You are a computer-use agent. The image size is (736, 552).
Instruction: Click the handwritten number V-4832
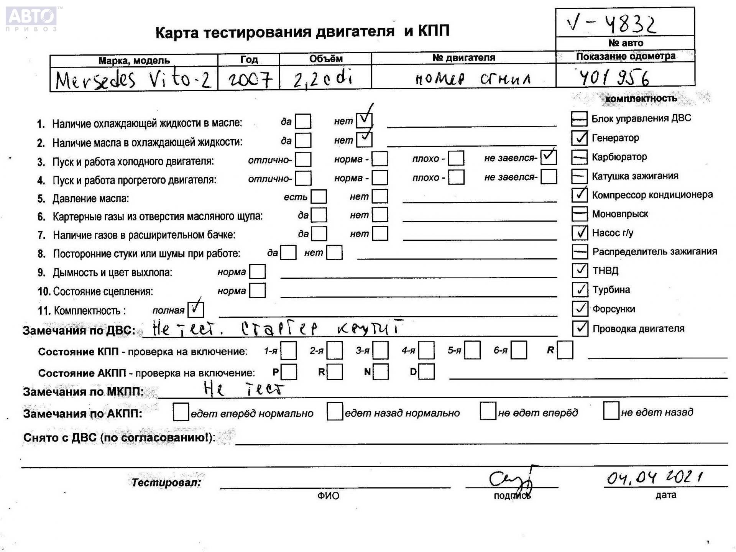pyautogui.click(x=611, y=24)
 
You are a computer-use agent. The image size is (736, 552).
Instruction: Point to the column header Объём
pyautogui.click(x=325, y=59)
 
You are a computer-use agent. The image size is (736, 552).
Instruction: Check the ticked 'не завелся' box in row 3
pyautogui.click(x=548, y=157)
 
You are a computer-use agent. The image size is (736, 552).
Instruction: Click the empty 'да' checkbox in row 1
pyautogui.click(x=303, y=122)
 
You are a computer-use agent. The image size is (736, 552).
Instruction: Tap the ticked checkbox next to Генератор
pyautogui.click(x=579, y=138)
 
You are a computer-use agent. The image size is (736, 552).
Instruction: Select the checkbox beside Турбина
pyautogui.click(x=580, y=289)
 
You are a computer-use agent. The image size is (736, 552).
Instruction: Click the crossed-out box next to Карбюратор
pyautogui.click(x=579, y=157)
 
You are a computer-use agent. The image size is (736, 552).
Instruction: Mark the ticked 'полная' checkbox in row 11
pyautogui.click(x=195, y=309)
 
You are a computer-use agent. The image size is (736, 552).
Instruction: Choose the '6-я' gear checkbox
pyautogui.click(x=518, y=350)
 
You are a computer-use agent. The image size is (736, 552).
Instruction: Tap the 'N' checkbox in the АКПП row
pyautogui.click(x=380, y=371)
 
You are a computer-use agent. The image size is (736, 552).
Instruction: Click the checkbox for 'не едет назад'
pyautogui.click(x=611, y=411)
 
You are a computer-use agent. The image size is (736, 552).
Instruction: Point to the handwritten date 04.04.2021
pyautogui.click(x=654, y=477)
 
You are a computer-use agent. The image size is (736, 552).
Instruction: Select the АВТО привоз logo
pyautogui.click(x=31, y=18)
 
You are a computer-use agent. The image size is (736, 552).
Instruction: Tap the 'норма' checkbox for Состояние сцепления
pyautogui.click(x=257, y=291)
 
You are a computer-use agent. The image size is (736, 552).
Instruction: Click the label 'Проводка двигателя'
pyautogui.click(x=638, y=329)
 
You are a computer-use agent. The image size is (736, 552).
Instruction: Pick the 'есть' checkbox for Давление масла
pyautogui.click(x=319, y=197)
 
